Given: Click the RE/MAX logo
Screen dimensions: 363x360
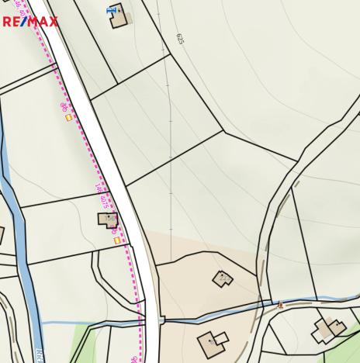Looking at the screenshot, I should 29,21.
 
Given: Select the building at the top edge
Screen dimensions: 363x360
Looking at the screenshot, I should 119,16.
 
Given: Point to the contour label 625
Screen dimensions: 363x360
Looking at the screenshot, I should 180,39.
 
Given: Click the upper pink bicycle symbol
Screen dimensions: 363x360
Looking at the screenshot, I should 64,106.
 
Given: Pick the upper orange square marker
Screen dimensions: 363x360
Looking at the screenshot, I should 69,117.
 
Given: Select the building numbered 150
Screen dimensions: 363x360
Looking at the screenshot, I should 107,220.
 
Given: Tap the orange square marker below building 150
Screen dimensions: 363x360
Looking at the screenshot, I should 117,240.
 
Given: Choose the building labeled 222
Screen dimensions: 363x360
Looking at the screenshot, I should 223,278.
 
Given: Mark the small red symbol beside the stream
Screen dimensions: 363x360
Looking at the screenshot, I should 281,305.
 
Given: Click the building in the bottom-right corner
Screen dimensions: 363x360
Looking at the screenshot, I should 328,330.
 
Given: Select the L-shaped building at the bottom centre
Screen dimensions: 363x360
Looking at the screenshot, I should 212,341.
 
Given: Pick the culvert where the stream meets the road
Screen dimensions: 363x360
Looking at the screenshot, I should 161,319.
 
